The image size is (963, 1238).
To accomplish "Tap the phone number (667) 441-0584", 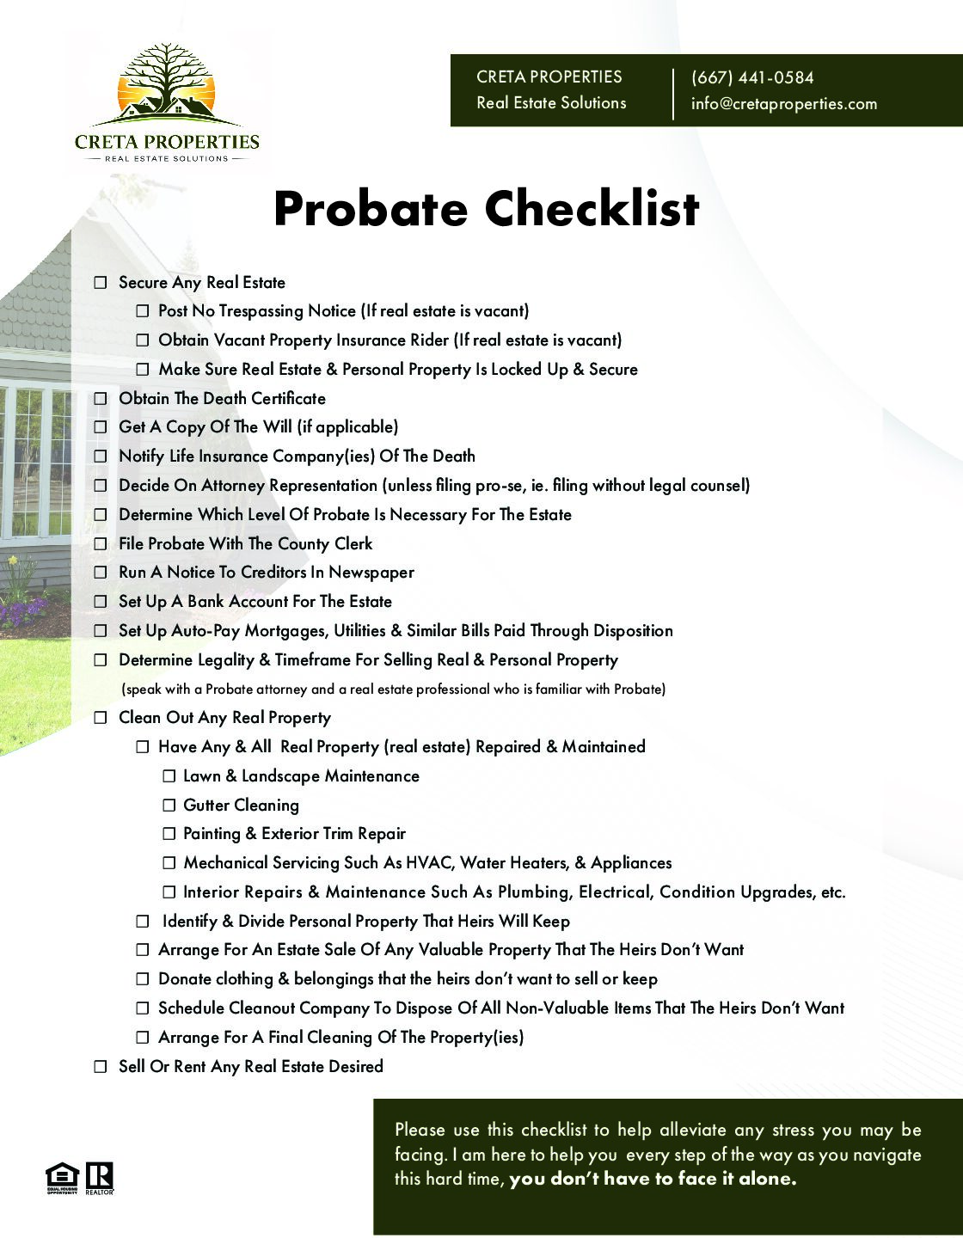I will click(x=751, y=77).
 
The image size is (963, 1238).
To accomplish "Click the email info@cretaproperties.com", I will click(x=783, y=104).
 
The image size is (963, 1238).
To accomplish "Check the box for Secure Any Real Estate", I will click(x=101, y=283).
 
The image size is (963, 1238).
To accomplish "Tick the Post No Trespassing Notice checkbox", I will click(x=143, y=311).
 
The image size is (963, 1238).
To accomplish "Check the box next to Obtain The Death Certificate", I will click(x=101, y=399).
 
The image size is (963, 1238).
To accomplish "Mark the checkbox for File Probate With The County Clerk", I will click(x=101, y=544).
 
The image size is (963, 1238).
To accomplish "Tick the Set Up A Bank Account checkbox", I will click(x=101, y=602).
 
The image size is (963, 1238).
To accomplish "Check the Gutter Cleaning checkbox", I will click(x=169, y=806).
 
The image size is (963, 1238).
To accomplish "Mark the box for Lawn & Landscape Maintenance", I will click(x=169, y=776).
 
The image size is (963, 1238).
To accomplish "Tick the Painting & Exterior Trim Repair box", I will click(x=169, y=834).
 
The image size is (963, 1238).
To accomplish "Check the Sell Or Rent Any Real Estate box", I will click(x=101, y=1067).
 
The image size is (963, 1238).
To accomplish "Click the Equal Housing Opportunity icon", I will click(x=62, y=1177).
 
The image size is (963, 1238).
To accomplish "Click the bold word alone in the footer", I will click(x=767, y=1179).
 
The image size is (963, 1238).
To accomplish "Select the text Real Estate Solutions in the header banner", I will click(x=551, y=103).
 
